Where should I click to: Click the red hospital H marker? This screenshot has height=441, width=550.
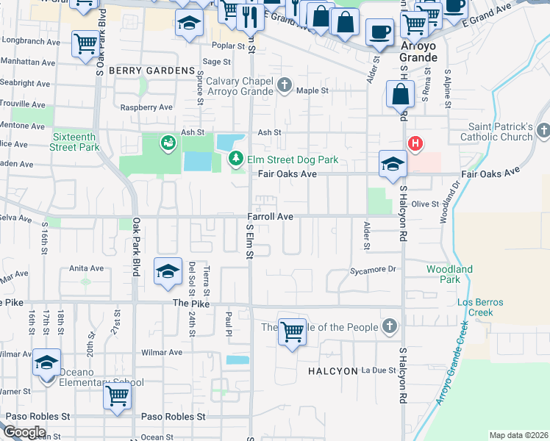pos(415,143)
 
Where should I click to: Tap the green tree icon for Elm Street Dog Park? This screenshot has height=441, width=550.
pos(236,158)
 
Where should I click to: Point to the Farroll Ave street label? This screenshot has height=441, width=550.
pos(270,217)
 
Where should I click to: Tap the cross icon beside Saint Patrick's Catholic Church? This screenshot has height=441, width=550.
pos(543,131)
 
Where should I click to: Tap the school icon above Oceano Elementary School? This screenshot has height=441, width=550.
pos(46,362)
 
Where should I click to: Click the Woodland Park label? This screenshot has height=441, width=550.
pos(449,274)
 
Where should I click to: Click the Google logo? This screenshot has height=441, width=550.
pos(24,432)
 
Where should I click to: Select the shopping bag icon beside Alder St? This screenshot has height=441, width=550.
pos(400,95)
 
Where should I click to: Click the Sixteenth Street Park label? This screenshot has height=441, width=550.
pos(75,142)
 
